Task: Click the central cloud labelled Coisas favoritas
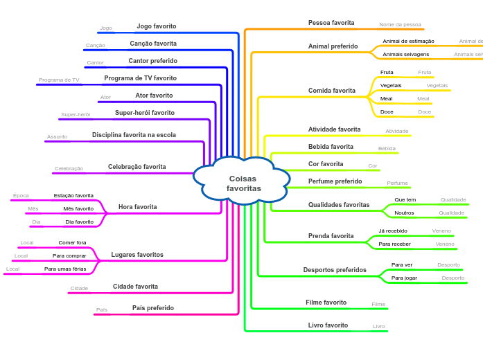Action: tap(243, 183)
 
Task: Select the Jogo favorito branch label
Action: tap(156, 26)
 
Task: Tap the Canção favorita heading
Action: tap(153, 44)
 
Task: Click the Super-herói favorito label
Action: tap(145, 113)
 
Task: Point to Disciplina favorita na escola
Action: tap(134, 135)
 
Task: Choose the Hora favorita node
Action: tap(137, 207)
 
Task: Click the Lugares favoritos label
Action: tap(137, 255)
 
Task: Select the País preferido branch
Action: tap(153, 308)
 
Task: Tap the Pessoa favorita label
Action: tap(331, 23)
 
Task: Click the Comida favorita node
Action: tap(332, 91)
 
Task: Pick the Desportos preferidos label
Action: tap(335, 270)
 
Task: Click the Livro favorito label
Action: tap(328, 325)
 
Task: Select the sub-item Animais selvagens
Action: tap(406, 54)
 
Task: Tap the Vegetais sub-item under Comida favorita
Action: tap(391, 85)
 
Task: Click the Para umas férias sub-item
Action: tap(65, 269)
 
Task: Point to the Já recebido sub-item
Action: tap(393, 231)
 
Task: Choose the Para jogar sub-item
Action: tap(404, 278)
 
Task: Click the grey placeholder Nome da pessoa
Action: tap(400, 25)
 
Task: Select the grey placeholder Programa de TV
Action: tap(59, 80)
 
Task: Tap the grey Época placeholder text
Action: tap(21, 196)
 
